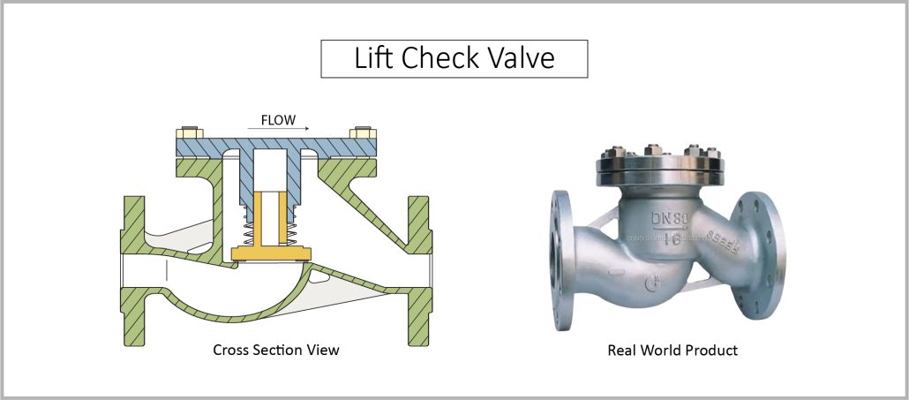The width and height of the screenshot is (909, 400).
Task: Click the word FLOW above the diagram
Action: pyautogui.click(x=277, y=119)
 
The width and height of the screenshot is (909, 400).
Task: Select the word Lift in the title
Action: pyautogui.click(x=373, y=58)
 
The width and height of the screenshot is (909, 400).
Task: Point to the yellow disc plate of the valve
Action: pyautogui.click(x=268, y=254)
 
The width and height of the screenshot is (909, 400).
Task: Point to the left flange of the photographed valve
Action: pyautogui.click(x=561, y=256)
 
